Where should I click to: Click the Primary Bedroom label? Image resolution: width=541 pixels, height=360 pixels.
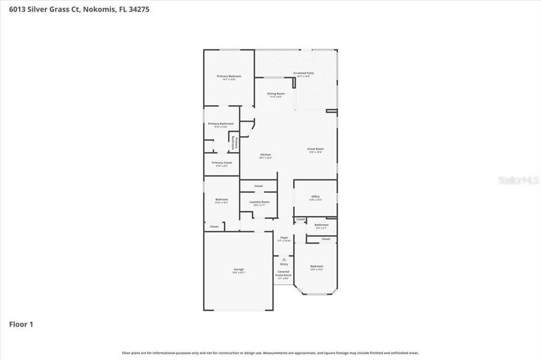point(229,77)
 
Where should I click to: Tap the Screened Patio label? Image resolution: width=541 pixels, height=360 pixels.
point(303,74)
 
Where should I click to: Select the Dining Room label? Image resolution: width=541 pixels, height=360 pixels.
point(276,94)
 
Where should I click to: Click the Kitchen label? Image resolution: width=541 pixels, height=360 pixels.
point(265,155)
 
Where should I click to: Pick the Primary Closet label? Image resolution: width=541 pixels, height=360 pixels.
point(222,163)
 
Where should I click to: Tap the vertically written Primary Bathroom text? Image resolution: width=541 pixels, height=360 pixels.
point(235,143)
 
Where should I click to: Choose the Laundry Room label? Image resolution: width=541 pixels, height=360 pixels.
point(259,203)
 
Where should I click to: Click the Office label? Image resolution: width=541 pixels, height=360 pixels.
point(315,197)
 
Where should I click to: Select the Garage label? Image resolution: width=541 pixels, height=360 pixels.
point(238,270)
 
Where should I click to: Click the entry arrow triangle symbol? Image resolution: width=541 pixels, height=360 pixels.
point(284,259)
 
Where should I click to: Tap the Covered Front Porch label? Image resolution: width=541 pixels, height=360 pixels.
point(283,273)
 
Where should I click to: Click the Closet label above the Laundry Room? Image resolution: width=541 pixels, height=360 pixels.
point(258,186)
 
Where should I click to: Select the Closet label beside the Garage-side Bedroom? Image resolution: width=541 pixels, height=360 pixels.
point(214,227)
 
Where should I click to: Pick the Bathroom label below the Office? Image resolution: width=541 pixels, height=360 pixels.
point(321,226)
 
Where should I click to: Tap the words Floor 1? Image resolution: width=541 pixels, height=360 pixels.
point(21,325)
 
